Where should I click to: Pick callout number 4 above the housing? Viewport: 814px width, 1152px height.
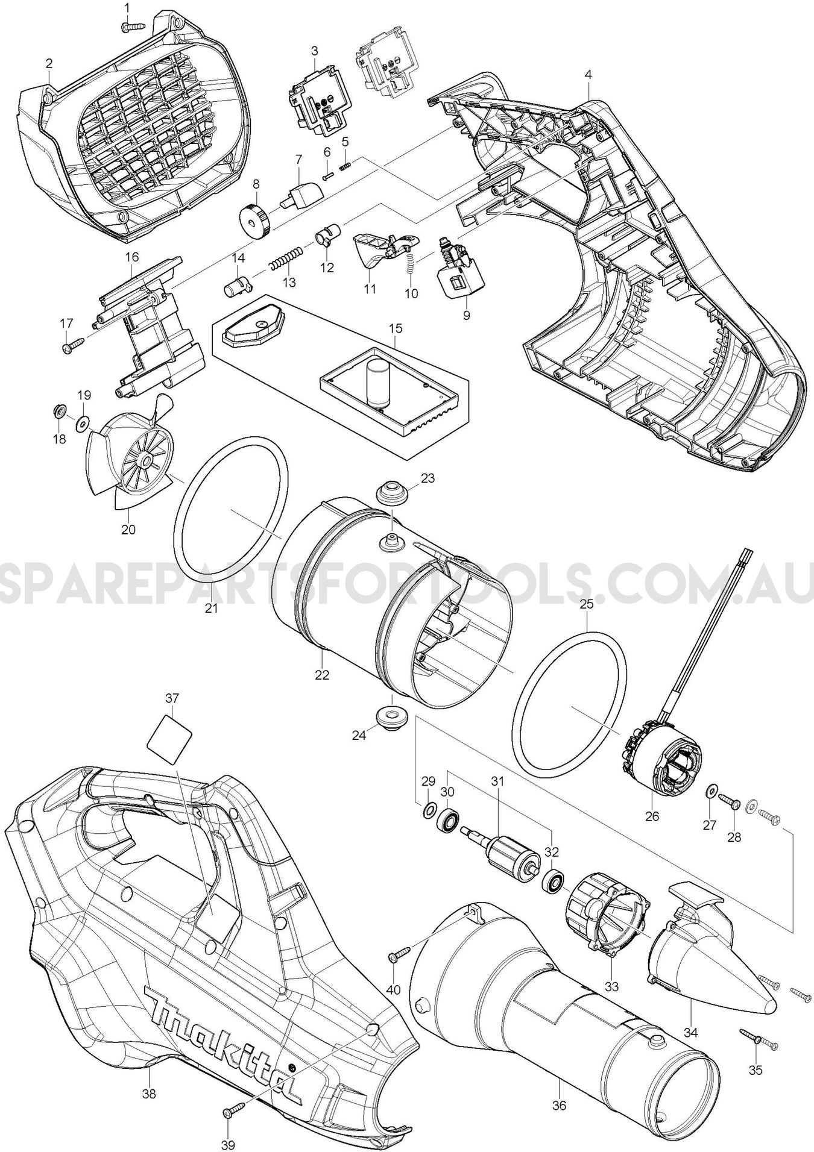pyautogui.click(x=588, y=75)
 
